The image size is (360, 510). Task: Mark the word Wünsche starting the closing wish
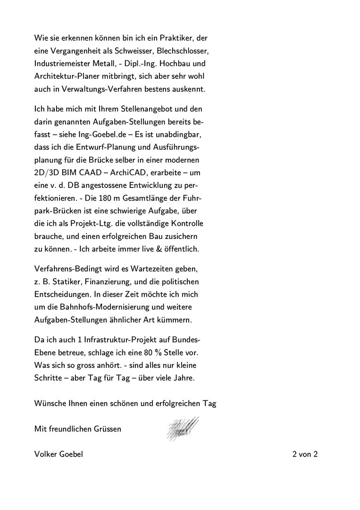49,404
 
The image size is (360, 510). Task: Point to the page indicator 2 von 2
305,455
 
